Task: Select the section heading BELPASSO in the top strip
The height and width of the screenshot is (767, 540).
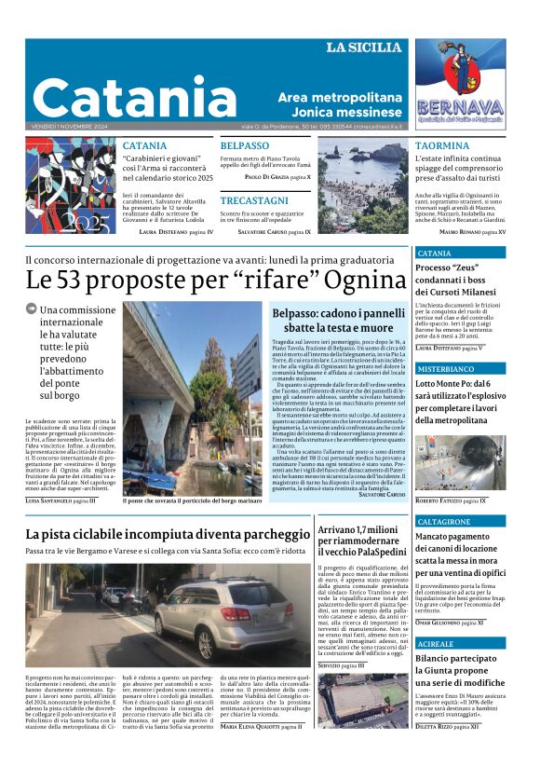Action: click(244, 146)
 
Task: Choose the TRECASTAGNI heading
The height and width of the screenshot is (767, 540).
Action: click(254, 200)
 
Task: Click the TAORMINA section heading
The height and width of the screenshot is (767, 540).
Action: click(441, 146)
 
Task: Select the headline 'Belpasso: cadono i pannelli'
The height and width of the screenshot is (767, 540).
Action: click(338, 313)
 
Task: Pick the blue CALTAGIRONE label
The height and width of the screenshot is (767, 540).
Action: click(445, 522)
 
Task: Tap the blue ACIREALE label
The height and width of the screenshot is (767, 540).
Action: click(436, 644)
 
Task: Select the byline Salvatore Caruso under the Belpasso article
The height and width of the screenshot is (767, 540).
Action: click(383, 494)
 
